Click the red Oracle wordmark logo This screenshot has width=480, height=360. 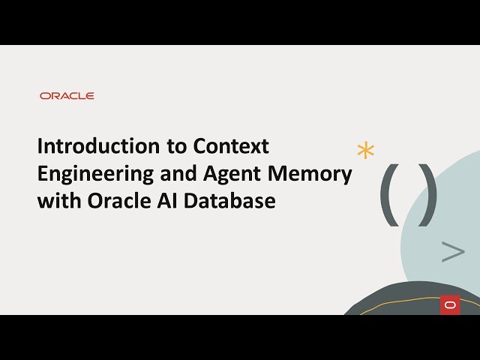67,96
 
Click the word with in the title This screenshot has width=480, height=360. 55,201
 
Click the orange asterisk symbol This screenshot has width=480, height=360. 365,150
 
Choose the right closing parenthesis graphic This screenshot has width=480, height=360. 427,193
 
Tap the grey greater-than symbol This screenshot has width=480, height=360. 452,252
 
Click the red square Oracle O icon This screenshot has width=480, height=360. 450,305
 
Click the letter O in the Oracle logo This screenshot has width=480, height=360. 45,96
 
